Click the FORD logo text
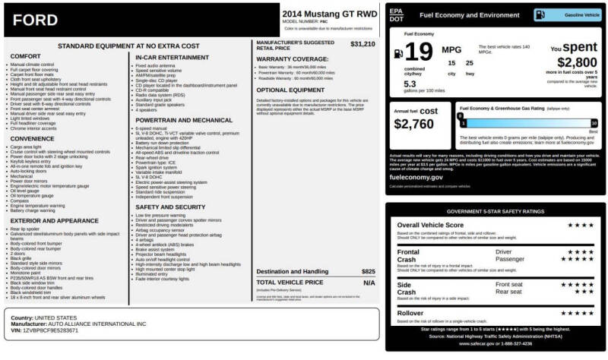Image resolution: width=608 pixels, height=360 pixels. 36,20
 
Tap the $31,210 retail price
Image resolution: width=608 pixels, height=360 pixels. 362,44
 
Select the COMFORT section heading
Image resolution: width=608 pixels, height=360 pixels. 26,56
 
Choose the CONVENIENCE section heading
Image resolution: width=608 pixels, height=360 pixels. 33,138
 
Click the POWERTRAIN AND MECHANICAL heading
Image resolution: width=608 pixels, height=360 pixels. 184,119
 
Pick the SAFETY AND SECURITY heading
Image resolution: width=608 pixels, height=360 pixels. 169,207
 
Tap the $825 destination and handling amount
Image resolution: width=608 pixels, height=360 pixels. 368,271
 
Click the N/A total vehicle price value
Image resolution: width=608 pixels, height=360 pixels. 369,282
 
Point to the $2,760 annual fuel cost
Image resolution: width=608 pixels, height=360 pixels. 414,123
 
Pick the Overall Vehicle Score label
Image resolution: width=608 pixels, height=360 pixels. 431,226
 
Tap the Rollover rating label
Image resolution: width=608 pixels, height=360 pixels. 412,313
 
